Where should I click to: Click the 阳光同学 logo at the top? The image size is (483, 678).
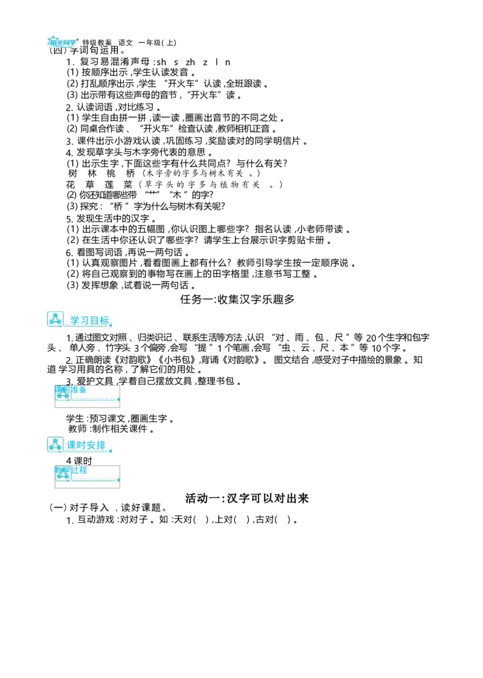[x=63, y=41]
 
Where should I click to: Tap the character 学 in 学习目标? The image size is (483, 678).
[x=75, y=320]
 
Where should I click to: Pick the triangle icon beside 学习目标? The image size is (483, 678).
[x=55, y=319]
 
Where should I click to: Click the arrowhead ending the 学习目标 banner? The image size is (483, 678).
[x=112, y=325]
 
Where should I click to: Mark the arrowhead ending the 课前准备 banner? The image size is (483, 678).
[x=118, y=399]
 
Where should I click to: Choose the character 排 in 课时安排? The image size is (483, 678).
[x=100, y=446]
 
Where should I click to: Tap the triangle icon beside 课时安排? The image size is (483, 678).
[x=55, y=444]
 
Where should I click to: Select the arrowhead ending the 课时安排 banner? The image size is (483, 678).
[x=112, y=451]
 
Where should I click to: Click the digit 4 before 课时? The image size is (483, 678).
[x=68, y=461]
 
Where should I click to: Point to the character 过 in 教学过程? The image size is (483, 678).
[x=75, y=470]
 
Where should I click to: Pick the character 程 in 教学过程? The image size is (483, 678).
[x=83, y=470]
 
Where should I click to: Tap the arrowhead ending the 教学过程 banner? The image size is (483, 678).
[x=118, y=480]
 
